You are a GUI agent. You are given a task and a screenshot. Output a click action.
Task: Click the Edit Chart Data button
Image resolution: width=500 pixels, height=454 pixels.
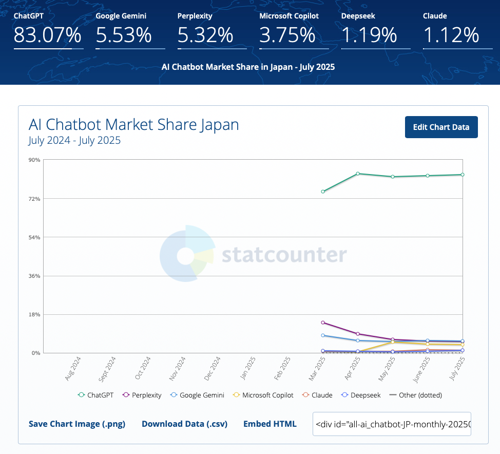(441, 127)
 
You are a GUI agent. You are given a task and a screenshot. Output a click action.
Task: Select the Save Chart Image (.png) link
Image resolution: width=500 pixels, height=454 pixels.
(77, 424)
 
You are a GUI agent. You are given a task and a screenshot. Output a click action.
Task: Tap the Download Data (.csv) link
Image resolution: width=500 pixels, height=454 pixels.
(184, 424)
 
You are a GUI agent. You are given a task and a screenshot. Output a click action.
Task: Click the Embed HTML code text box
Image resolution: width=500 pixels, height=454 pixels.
(392, 424)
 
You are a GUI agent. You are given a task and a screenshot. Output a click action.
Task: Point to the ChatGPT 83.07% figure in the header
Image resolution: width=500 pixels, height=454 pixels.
(48, 35)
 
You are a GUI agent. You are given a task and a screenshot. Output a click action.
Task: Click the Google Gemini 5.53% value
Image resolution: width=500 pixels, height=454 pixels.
(124, 35)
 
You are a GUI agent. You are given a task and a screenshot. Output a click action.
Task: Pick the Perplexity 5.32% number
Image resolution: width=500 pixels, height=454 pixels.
(205, 35)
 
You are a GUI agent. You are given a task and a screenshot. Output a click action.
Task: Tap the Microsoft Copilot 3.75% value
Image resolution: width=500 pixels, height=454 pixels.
(287, 35)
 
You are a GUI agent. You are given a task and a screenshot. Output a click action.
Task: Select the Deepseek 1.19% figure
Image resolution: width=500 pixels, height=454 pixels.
(369, 35)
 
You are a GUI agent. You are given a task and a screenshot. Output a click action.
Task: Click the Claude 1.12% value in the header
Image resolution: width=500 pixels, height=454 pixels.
(451, 35)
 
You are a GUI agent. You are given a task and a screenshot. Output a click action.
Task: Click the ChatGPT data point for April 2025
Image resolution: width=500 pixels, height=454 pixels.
(358, 174)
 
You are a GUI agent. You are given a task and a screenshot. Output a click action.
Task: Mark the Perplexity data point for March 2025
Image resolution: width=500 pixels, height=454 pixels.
(323, 323)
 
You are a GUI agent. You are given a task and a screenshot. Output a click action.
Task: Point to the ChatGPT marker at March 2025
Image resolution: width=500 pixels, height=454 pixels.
(323, 192)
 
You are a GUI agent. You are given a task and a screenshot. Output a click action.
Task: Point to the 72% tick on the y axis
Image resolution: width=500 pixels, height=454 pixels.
(34, 198)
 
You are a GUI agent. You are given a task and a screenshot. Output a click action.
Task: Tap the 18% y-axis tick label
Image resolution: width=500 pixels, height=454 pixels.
(34, 314)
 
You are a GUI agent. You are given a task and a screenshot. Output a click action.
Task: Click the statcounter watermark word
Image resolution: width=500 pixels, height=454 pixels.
(284, 255)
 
